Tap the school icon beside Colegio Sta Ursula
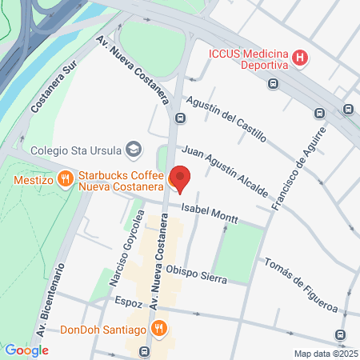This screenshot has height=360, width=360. [134, 149]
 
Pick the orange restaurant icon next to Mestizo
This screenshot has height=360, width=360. [64, 180]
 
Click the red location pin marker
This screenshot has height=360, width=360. [182, 178]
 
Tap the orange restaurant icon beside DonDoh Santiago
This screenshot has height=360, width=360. [160, 328]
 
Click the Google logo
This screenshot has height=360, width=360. [26, 350]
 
